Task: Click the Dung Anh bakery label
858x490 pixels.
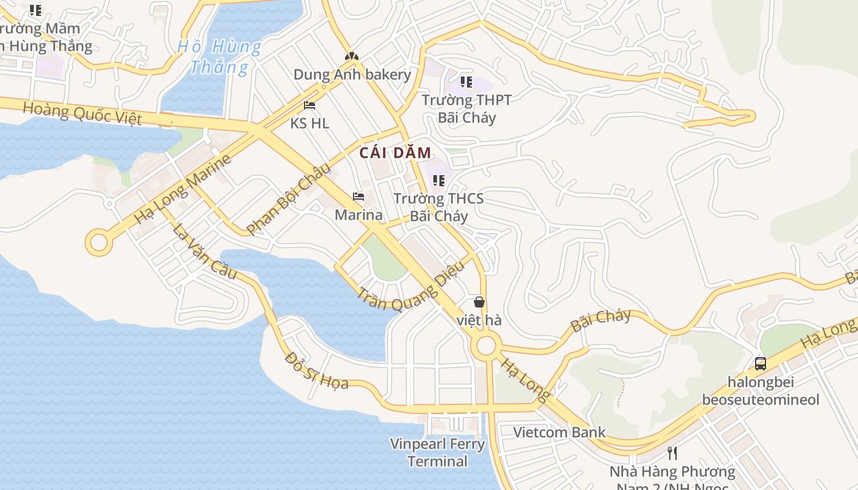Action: (352, 75)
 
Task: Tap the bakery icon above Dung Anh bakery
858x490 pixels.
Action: (351, 56)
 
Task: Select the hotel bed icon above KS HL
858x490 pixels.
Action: (309, 105)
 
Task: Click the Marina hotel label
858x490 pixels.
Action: (359, 215)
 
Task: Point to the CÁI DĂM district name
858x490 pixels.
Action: (395, 153)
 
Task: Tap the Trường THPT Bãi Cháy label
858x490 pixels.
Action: (466, 108)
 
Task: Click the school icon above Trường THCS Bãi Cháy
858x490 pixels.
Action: (438, 180)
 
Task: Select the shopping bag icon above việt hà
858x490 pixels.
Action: (479, 301)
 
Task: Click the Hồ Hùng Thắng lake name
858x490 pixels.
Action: (219, 56)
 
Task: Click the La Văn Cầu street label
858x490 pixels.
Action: (204, 252)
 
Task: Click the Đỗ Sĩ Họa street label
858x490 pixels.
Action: (316, 371)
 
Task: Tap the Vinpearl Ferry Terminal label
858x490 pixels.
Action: (438, 452)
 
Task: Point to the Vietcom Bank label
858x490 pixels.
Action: (559, 432)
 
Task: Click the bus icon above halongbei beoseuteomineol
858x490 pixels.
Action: (761, 363)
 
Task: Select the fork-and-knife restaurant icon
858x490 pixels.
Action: (672, 453)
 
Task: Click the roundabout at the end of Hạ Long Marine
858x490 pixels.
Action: (99, 242)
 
